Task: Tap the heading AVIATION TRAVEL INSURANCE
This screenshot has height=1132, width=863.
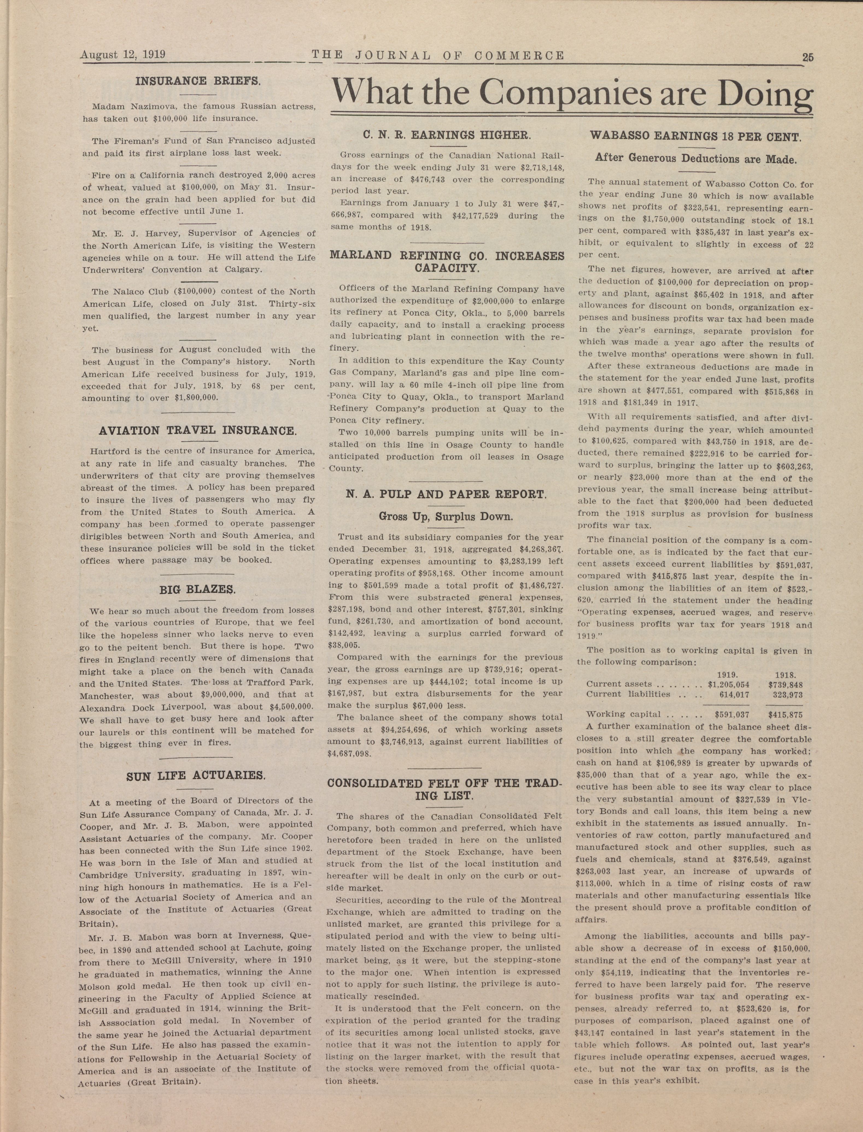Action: point(197,430)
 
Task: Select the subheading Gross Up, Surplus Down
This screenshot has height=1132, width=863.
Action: point(446,516)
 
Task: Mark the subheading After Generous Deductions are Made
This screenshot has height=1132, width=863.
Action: point(695,159)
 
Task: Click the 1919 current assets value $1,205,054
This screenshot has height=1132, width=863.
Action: point(729,685)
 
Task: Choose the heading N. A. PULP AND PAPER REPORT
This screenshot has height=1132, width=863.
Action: point(446,495)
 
